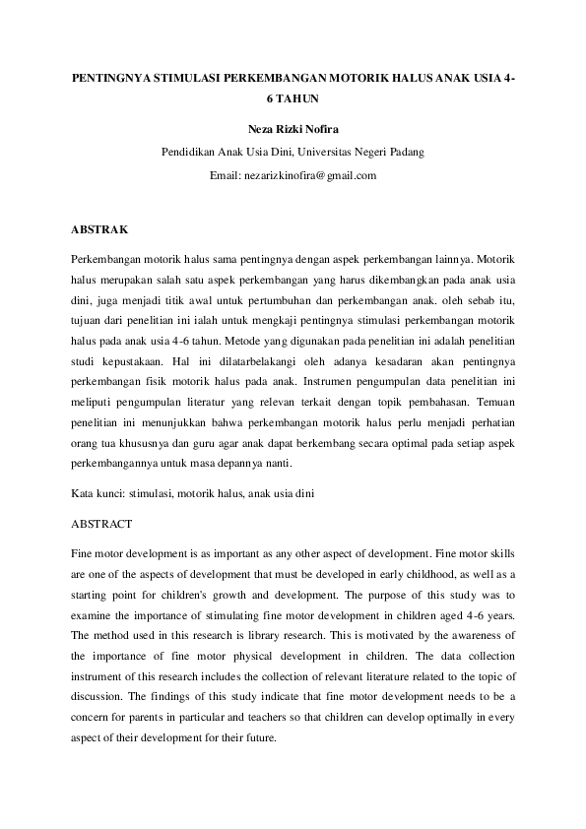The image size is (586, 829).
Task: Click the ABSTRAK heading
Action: (99, 229)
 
